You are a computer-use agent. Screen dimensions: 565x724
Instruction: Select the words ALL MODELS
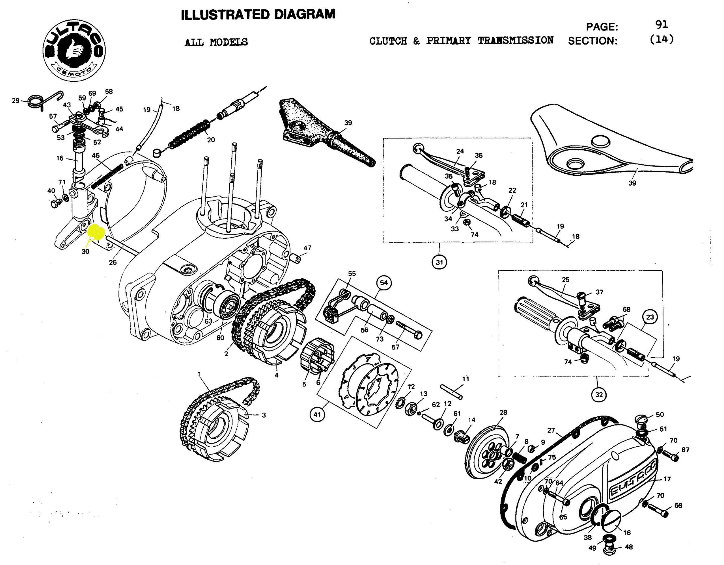pyautogui.click(x=216, y=42)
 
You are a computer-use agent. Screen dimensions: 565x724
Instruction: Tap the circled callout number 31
pyautogui.click(x=439, y=262)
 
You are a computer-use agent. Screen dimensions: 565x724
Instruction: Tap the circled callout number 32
pyautogui.click(x=599, y=394)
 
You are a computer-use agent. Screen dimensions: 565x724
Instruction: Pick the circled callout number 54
pyautogui.click(x=383, y=282)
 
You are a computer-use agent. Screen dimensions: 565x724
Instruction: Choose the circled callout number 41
pyautogui.click(x=317, y=414)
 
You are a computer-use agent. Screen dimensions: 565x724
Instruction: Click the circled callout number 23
pyautogui.click(x=650, y=317)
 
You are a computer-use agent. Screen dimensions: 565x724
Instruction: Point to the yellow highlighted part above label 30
pyautogui.click(x=96, y=232)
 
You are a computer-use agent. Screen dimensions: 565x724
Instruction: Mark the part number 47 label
pyautogui.click(x=307, y=248)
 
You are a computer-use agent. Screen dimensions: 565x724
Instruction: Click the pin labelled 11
pyautogui.click(x=451, y=391)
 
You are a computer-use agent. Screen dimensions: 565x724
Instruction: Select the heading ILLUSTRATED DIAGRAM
pyautogui.click(x=258, y=15)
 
